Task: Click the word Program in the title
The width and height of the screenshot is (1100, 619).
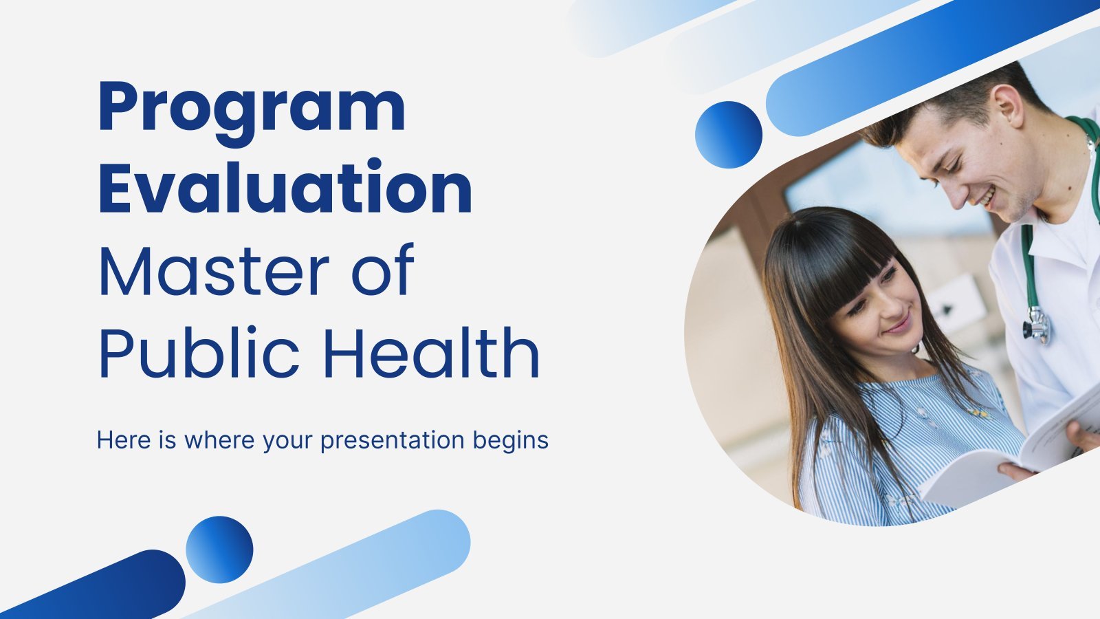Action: [252, 112]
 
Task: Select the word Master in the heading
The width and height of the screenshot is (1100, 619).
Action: [214, 270]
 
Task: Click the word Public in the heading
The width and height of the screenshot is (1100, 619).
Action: [199, 351]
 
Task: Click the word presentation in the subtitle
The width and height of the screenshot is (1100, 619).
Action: [393, 441]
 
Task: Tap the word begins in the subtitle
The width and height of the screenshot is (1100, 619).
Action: [511, 441]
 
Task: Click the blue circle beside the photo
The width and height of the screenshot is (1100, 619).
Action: [729, 135]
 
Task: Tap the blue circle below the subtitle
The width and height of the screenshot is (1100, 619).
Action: [219, 550]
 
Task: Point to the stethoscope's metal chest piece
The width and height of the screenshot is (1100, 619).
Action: [1037, 325]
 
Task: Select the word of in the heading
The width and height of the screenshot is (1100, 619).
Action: [383, 270]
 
